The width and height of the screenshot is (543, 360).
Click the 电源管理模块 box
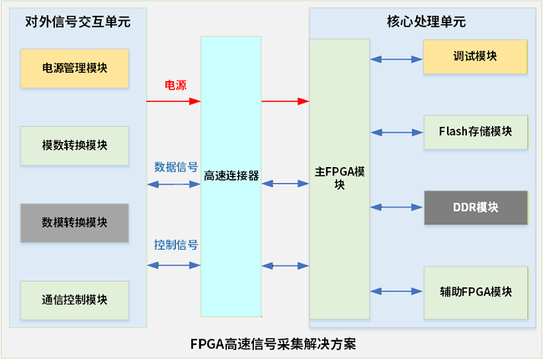pyautogui.click(x=74, y=67)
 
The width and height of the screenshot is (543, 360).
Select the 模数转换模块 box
pyautogui.click(x=74, y=145)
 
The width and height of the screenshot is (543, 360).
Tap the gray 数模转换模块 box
pyautogui.click(x=74, y=222)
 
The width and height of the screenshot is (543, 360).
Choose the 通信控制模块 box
pyautogui.click(x=74, y=299)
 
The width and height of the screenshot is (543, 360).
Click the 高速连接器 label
pyautogui.click(x=231, y=176)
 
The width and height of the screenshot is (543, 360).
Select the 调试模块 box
pyautogui.click(x=474, y=56)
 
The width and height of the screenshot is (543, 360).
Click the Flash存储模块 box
pyautogui.click(x=474, y=131)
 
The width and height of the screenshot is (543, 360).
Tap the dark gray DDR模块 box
pyautogui.click(x=474, y=207)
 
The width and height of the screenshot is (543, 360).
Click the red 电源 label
pyautogui.click(x=175, y=85)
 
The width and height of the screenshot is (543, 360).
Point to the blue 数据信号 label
pyautogui.click(x=175, y=166)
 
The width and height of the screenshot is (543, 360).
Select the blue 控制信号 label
pyautogui.click(x=175, y=246)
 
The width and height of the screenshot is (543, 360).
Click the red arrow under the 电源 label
pyautogui.click(x=174, y=102)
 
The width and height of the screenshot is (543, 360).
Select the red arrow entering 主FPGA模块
pyautogui.click(x=285, y=102)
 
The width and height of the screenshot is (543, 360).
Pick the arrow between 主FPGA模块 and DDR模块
pyautogui.click(x=397, y=207)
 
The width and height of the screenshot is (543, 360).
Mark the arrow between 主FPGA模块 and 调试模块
pyautogui.click(x=397, y=59)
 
